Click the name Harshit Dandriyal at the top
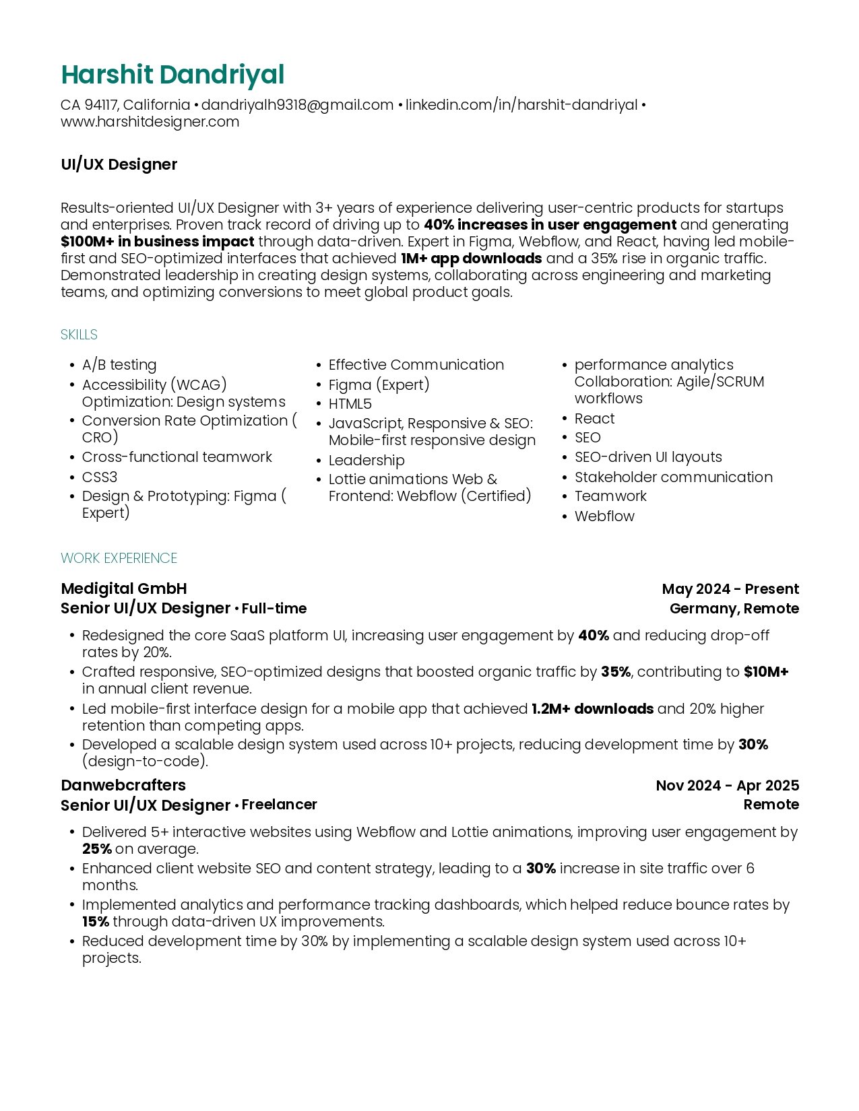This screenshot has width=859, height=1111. click(172, 75)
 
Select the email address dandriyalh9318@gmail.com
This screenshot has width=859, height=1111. click(297, 105)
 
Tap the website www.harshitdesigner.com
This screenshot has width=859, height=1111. click(150, 122)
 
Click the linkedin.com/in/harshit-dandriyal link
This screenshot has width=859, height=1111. click(521, 105)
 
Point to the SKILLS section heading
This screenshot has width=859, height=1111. click(79, 335)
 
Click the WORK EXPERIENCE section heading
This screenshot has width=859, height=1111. click(119, 558)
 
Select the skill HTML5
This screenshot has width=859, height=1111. click(350, 404)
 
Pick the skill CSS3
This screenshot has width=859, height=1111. click(100, 477)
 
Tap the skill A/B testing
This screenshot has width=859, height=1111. click(119, 365)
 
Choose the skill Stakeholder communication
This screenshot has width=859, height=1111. click(673, 477)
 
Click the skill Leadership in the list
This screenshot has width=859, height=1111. click(367, 461)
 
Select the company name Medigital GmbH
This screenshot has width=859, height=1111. click(124, 588)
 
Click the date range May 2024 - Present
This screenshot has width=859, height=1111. click(730, 589)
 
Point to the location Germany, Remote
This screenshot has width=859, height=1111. click(734, 609)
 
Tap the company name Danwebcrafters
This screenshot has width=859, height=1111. click(123, 785)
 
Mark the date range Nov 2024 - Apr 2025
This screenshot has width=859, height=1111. click(727, 786)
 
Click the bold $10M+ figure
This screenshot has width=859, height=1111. click(766, 672)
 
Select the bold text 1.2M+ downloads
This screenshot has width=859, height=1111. click(592, 709)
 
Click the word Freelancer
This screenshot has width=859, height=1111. click(279, 805)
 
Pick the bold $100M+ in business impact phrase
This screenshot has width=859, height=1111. click(158, 242)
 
